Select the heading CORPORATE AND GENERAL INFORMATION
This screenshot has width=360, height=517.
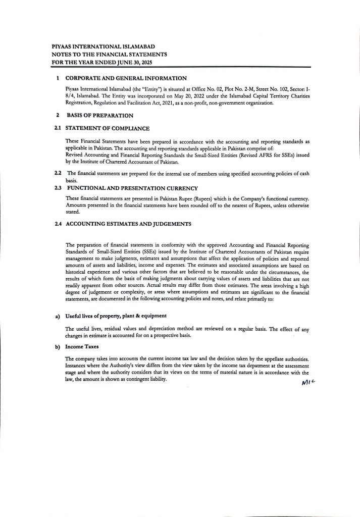126,78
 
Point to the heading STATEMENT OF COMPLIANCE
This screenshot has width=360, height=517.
108,129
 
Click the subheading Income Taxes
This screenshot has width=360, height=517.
81,348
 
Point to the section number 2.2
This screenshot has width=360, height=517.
58,174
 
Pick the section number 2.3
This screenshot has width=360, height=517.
58,188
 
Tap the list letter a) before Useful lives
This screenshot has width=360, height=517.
58,316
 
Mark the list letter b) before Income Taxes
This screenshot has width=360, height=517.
58,348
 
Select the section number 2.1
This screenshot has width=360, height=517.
58,129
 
